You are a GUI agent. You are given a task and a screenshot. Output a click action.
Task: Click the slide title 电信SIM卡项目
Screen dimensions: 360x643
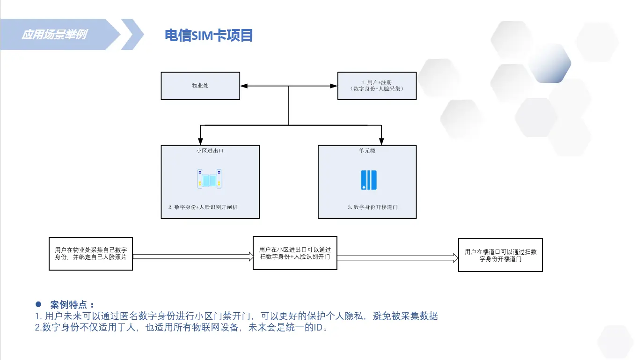click(x=209, y=35)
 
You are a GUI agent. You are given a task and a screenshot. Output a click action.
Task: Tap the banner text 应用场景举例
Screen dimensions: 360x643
click(x=54, y=35)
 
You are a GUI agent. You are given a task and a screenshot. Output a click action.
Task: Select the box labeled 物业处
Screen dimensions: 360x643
click(x=200, y=86)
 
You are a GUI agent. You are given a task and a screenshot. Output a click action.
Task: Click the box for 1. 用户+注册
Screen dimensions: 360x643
click(x=377, y=86)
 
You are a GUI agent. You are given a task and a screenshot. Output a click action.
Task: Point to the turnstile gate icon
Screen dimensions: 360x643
click(x=209, y=179)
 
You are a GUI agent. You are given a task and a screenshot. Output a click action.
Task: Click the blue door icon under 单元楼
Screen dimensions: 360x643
click(x=369, y=180)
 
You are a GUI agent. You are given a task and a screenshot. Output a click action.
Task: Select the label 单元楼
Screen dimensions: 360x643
click(x=367, y=151)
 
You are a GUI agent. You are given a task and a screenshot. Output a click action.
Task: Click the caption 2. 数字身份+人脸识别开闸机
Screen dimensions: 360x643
click(x=203, y=207)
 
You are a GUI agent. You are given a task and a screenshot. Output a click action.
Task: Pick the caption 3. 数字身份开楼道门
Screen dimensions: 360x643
click(x=373, y=207)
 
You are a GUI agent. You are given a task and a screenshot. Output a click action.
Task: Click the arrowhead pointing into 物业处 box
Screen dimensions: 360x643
click(x=243, y=86)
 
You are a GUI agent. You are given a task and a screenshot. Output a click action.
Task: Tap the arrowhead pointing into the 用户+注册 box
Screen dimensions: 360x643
click(x=334, y=86)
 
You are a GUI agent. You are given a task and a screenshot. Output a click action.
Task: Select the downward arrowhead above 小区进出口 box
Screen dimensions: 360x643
click(x=200, y=141)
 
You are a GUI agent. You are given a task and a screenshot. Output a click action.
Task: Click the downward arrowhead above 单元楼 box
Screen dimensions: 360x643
click(x=381, y=141)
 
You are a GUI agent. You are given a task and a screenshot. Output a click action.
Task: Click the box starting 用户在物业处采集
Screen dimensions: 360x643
click(x=91, y=253)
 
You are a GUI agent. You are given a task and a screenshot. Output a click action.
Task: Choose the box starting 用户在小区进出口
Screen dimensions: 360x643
click(x=295, y=253)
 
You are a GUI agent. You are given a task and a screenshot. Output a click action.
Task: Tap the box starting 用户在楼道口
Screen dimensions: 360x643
click(x=500, y=255)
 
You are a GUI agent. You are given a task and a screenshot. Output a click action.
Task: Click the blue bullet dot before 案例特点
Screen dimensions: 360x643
click(x=40, y=304)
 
